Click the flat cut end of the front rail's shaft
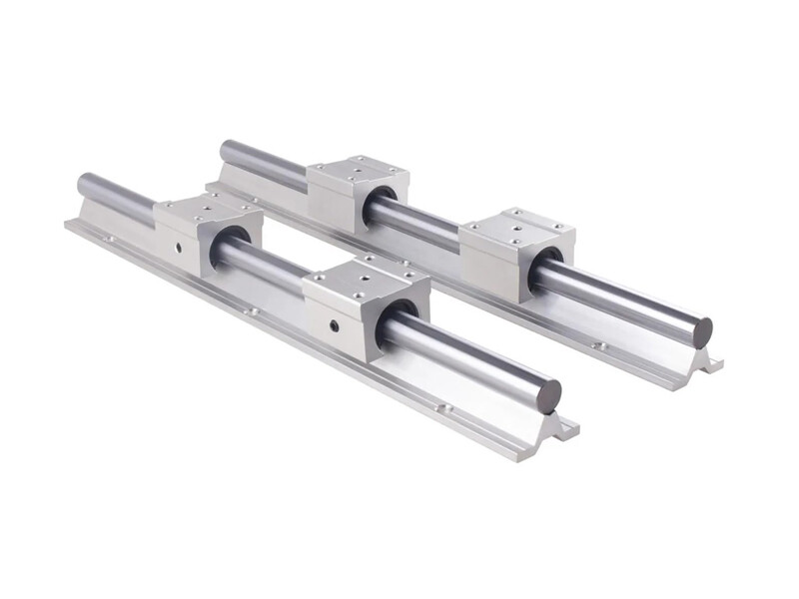tap(548, 396)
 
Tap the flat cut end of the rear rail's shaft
tap(703, 332)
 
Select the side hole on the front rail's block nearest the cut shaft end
tap(334, 325)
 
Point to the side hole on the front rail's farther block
tap(181, 246)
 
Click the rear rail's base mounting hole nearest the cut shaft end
tap(600, 346)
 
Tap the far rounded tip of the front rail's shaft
tap(82, 184)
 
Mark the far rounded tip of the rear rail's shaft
tap(224, 150)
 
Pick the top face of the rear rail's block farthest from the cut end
tap(358, 173)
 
